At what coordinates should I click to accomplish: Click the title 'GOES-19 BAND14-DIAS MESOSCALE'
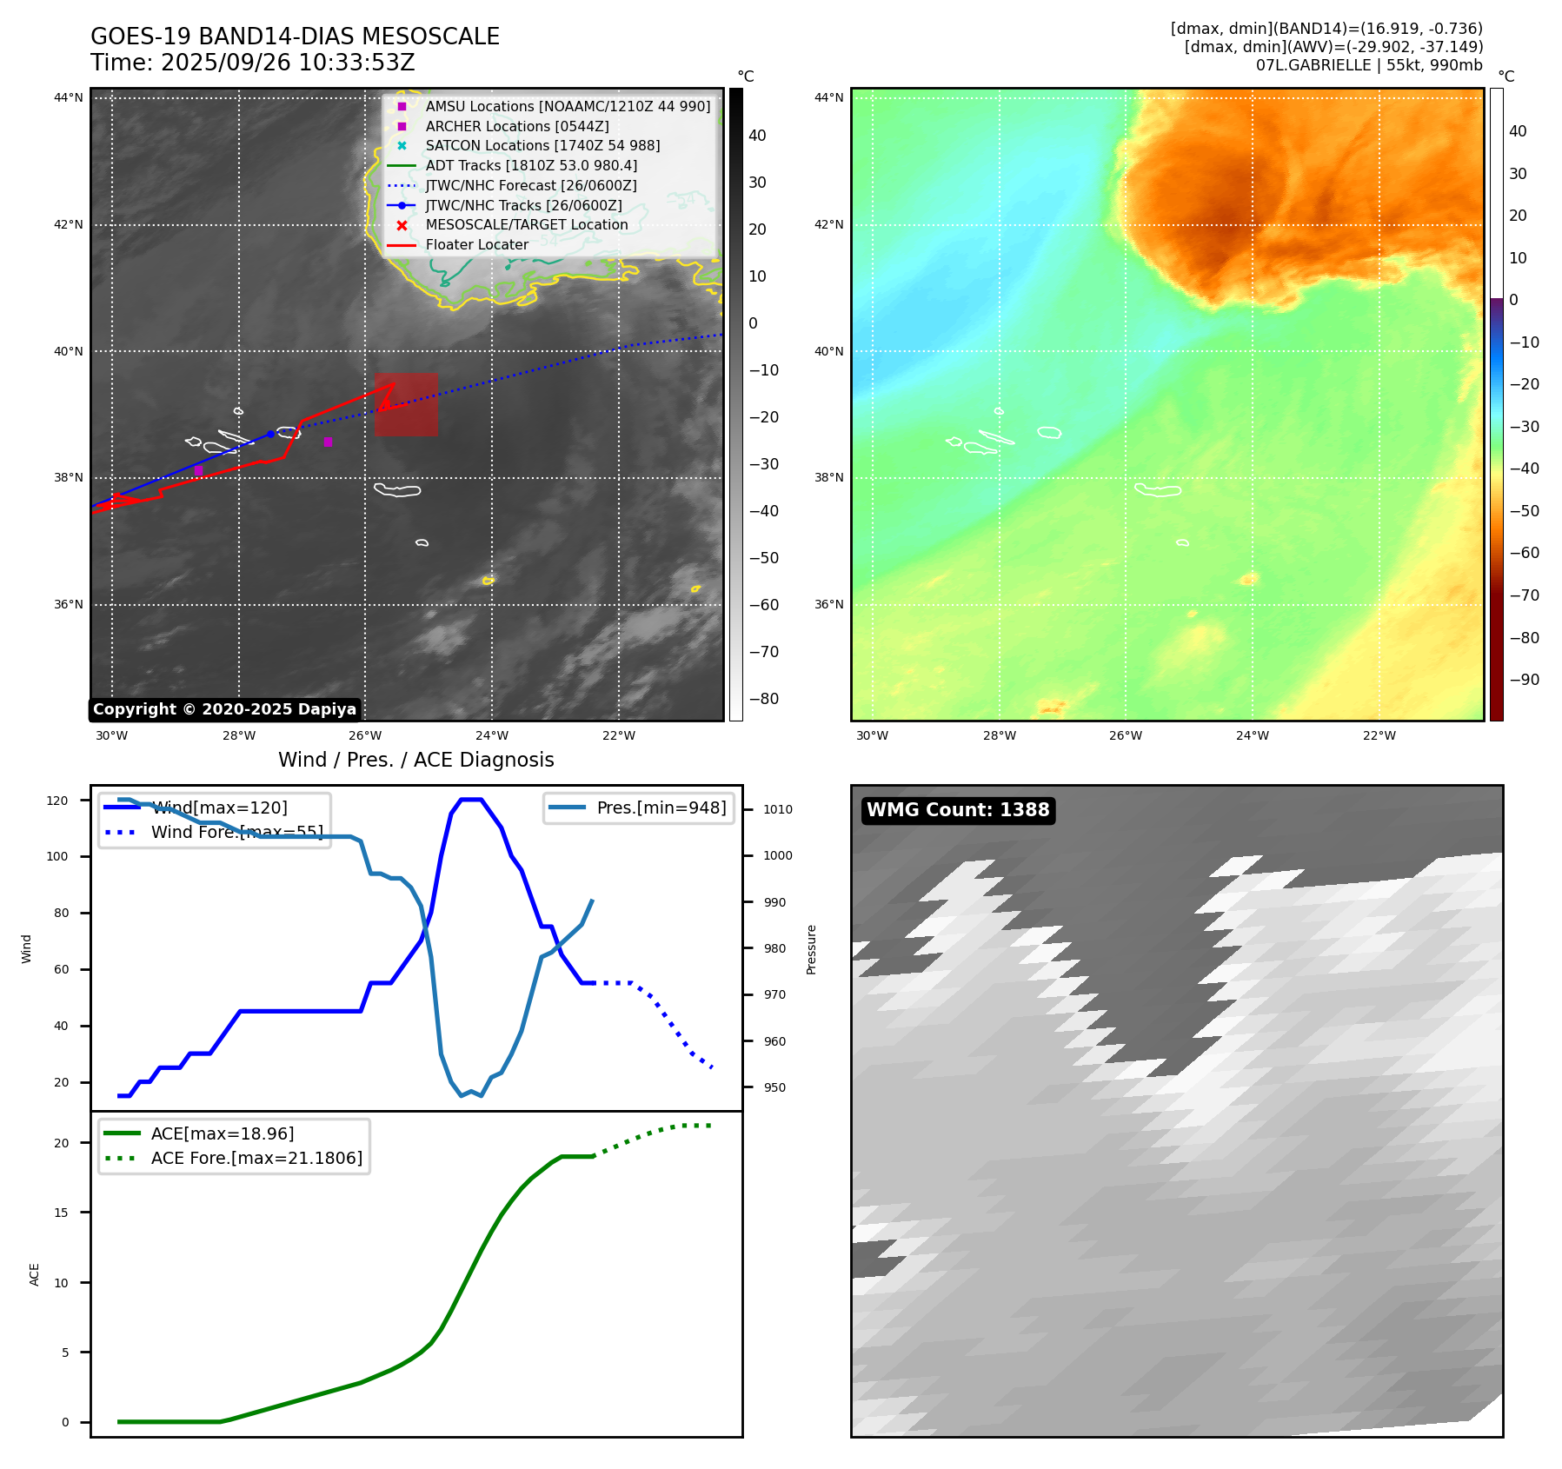click(295, 37)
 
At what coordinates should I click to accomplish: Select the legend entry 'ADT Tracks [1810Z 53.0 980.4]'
click(531, 165)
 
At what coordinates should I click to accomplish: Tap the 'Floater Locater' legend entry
click(476, 244)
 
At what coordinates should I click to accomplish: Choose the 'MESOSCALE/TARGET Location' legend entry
click(526, 224)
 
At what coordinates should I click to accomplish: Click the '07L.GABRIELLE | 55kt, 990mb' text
click(1369, 65)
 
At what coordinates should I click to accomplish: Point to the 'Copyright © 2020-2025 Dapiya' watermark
click(224, 709)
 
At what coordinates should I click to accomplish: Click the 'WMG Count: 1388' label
click(958, 810)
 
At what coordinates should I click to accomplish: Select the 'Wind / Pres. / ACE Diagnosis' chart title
click(415, 760)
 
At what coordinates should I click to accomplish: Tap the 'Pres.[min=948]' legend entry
click(661, 808)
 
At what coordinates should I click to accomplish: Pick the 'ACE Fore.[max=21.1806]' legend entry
click(256, 1158)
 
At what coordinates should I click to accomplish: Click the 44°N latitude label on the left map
click(69, 97)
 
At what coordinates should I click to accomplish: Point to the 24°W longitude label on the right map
click(1253, 735)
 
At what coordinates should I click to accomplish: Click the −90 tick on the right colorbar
click(1524, 680)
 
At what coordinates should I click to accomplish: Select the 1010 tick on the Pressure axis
click(778, 809)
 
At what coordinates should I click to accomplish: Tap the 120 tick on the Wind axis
click(57, 801)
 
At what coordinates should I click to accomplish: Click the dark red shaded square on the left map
click(406, 405)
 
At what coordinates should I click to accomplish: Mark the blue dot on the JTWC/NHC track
click(270, 434)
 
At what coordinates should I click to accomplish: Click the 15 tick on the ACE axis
click(61, 1213)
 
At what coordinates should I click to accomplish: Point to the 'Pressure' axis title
click(811, 949)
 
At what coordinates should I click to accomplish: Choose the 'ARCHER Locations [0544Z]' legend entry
click(516, 126)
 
